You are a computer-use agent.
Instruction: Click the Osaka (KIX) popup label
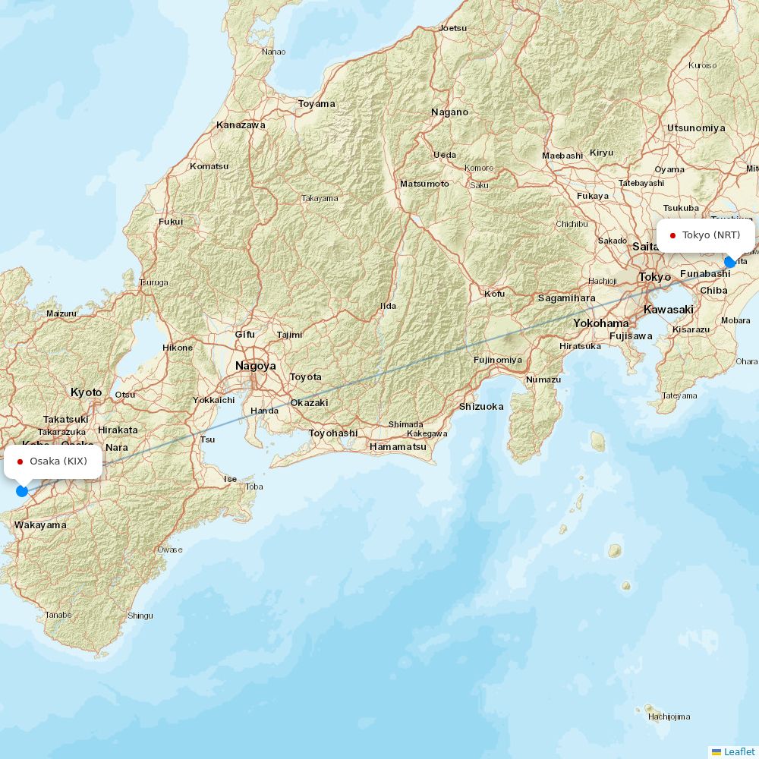53,461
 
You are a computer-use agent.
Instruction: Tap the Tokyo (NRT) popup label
706,235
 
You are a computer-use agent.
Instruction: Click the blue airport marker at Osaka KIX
22,491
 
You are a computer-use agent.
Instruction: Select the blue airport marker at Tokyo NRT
730,262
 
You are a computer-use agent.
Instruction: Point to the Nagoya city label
256,366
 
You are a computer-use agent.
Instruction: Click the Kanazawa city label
241,125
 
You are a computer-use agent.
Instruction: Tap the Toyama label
317,104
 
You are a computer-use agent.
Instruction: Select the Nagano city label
450,112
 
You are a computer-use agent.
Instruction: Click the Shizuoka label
481,407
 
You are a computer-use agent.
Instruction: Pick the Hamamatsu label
398,447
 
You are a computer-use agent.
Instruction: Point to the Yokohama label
601,323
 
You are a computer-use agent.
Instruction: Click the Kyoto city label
86,392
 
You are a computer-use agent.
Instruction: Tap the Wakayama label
40,525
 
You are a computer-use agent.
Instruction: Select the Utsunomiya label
696,128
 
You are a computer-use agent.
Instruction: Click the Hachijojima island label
669,716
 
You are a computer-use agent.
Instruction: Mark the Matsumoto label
424,184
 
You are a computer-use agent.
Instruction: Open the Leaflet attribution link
739,751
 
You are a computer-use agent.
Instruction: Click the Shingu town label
140,616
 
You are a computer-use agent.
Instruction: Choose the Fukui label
171,222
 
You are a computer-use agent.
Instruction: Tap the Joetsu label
453,28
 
